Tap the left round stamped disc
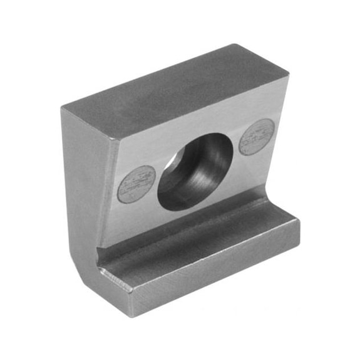[136, 184]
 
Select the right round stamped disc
[256, 137]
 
